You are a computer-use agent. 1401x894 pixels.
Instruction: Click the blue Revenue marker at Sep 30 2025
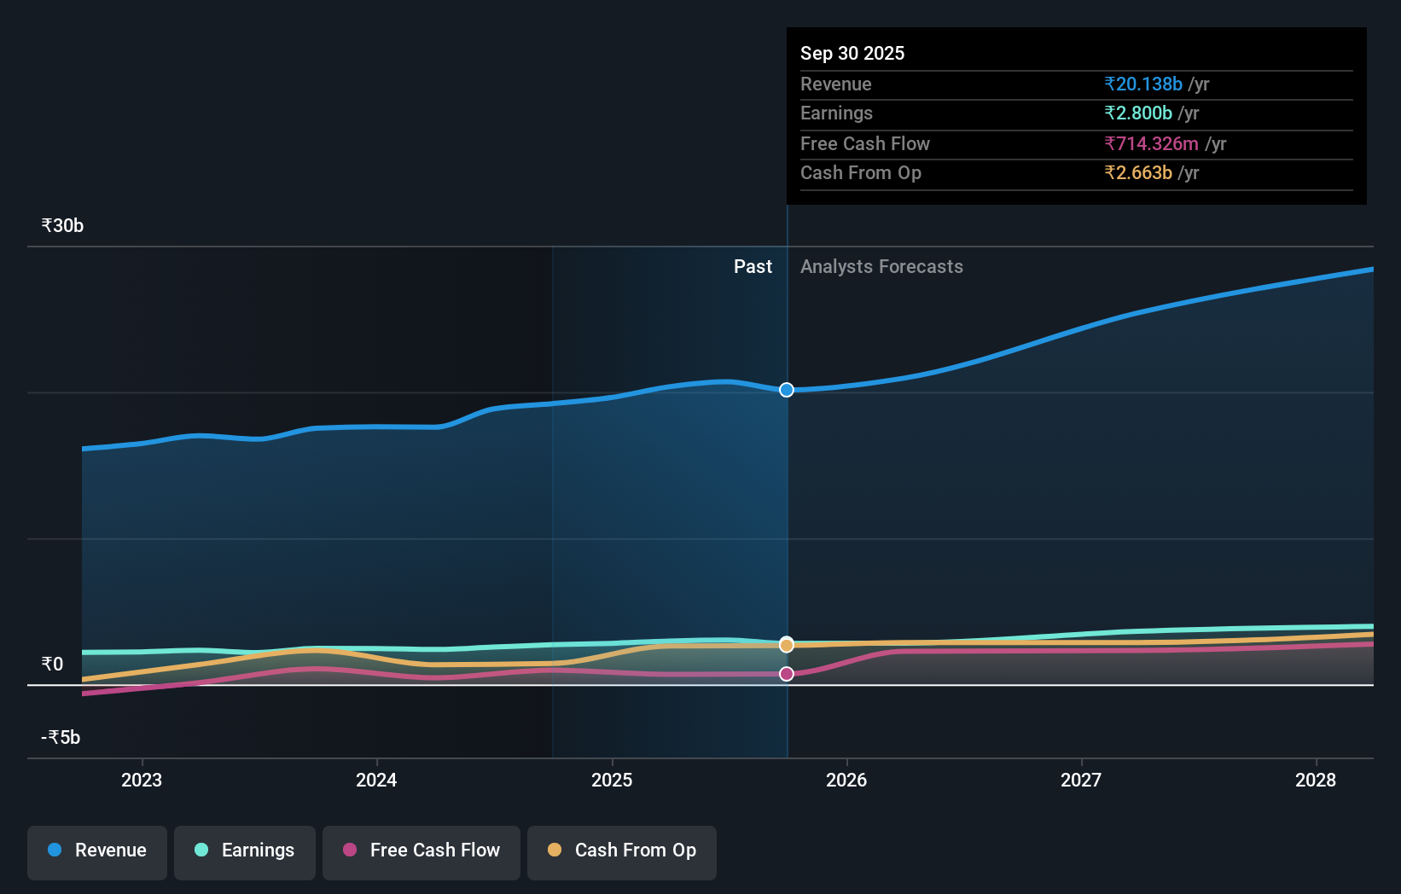pyautogui.click(x=787, y=390)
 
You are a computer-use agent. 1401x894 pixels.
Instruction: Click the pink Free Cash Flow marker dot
pyautogui.click(x=787, y=674)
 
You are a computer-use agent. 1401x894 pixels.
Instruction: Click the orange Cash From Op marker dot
pyautogui.click(x=787, y=645)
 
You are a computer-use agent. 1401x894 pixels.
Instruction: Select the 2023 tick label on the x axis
pyautogui.click(x=142, y=780)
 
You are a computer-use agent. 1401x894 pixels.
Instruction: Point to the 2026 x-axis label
pyautogui.click(x=846, y=780)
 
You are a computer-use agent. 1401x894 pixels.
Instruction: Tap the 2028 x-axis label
pyautogui.click(x=1316, y=780)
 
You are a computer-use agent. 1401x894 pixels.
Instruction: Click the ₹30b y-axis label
pyautogui.click(x=62, y=226)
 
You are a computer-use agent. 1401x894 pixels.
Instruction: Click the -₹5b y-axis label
pyautogui.click(x=61, y=737)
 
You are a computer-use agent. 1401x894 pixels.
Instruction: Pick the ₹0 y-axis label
pyautogui.click(x=52, y=664)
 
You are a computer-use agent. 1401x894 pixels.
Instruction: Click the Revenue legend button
pyautogui.click(x=97, y=850)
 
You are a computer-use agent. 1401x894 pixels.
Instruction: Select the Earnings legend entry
pyautogui.click(x=245, y=850)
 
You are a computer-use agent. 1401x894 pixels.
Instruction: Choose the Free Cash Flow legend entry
pyautogui.click(x=421, y=850)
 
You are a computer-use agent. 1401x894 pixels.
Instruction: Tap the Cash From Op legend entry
pyautogui.click(x=622, y=850)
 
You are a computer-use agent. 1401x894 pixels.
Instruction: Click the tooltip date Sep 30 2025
pyautogui.click(x=852, y=53)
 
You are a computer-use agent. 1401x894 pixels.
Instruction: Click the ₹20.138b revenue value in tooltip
pyautogui.click(x=1143, y=84)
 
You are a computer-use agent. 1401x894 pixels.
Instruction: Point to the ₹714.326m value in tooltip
pyautogui.click(x=1151, y=143)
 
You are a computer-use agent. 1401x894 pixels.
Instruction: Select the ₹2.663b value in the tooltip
pyautogui.click(x=1138, y=172)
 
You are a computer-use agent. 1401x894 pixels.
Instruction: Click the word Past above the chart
pyautogui.click(x=753, y=267)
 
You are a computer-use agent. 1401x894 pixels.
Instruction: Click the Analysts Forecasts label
pyautogui.click(x=881, y=267)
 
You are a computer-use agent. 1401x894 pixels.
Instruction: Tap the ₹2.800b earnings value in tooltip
pyautogui.click(x=1138, y=113)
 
